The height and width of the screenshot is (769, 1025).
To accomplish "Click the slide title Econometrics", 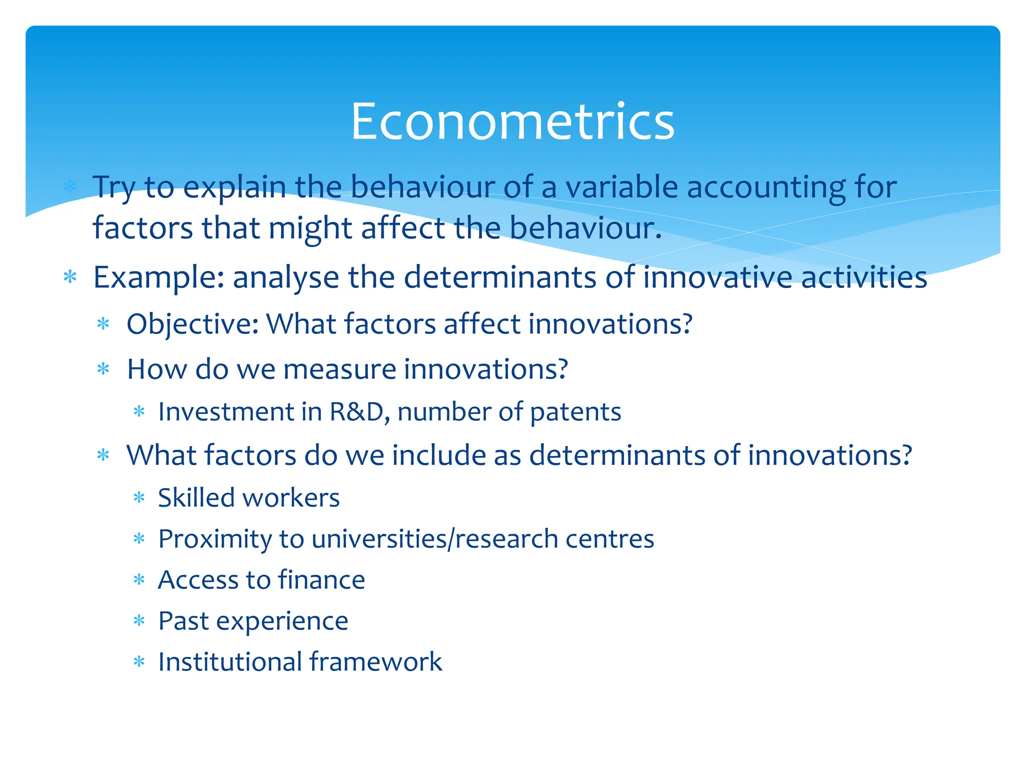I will pos(512,122).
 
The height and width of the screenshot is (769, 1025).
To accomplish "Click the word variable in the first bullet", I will pos(621,187).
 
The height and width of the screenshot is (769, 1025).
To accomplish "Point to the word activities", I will pos(864,278).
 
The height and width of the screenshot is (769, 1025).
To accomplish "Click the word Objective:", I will pos(192,324).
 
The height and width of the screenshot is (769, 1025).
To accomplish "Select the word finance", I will pos(321,580).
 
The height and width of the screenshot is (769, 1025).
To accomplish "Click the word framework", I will pos(376,662).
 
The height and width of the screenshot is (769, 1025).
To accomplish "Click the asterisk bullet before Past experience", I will pos(139,622).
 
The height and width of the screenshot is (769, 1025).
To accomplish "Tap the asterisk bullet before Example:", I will pos(70,277).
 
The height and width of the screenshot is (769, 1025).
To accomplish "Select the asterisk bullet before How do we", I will pos(103,369).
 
